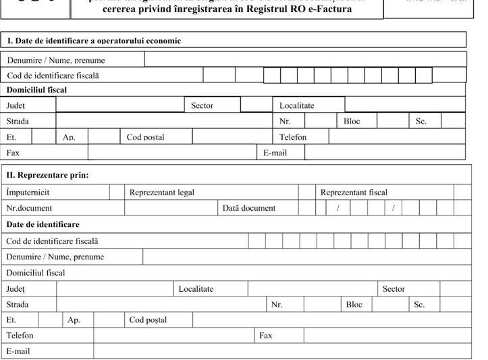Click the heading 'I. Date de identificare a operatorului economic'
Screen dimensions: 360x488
coord(94,41)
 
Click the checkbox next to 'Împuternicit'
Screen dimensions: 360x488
coord(117,192)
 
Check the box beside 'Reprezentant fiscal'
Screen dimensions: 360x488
coord(462,192)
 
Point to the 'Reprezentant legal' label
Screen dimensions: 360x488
coord(162,192)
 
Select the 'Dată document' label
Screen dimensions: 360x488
coord(249,208)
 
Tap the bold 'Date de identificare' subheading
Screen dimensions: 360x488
coord(43,224)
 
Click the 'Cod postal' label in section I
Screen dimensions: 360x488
coord(145,137)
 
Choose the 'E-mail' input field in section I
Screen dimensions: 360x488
coord(385,153)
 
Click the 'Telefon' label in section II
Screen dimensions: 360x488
coord(20,335)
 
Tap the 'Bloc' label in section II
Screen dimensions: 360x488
coord(354,305)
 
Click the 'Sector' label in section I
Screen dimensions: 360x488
coord(202,105)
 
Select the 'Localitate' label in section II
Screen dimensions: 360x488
coord(196,289)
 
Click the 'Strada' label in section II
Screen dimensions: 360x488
coord(18,305)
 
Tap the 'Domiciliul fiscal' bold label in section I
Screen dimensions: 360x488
coord(36,90)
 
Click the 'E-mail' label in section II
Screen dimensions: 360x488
coord(18,351)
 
